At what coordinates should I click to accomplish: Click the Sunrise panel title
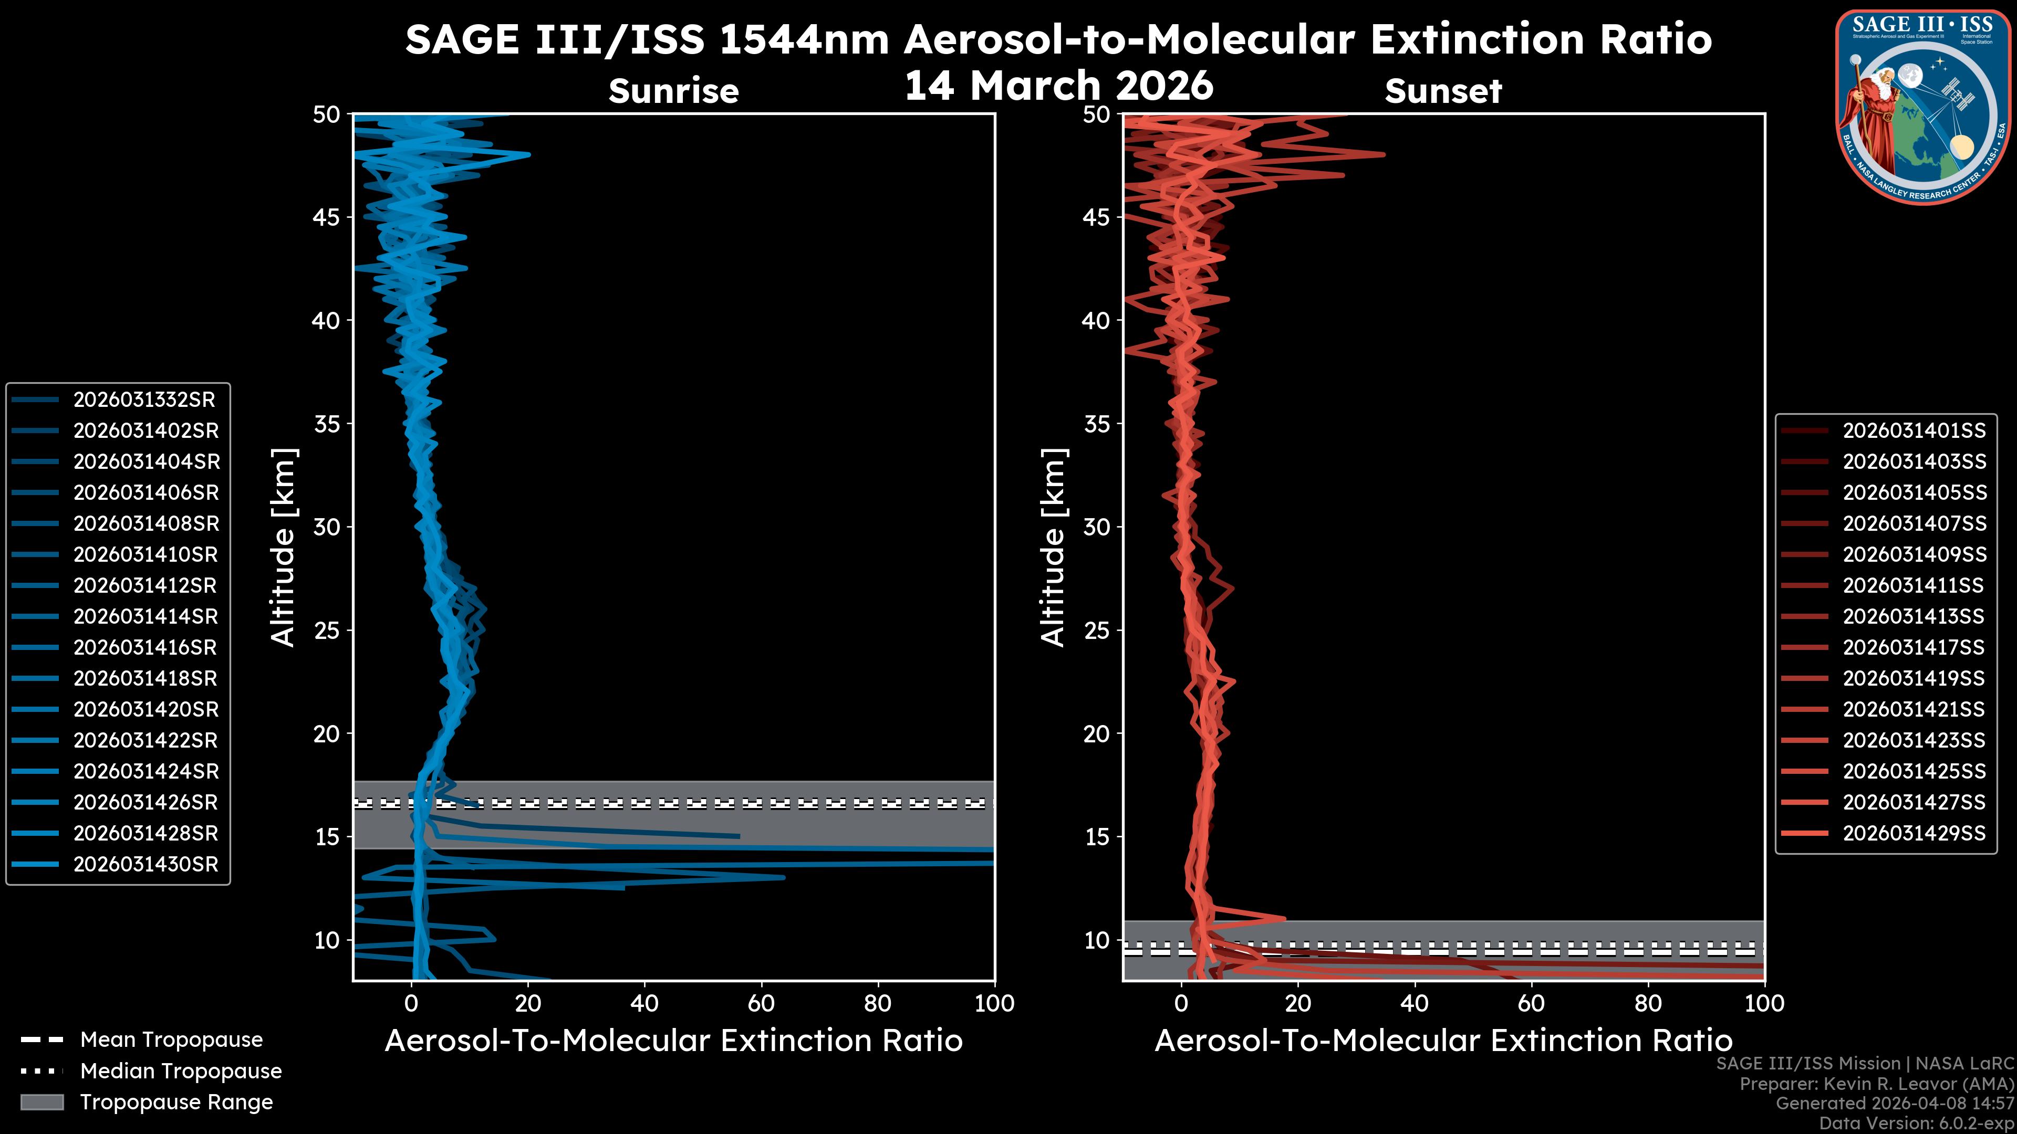(x=673, y=91)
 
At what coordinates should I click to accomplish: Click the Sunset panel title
(x=1443, y=91)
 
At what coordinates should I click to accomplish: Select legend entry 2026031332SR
(x=144, y=400)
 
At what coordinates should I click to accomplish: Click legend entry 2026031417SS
(x=1914, y=647)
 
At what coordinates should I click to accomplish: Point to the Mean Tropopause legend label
(x=171, y=1040)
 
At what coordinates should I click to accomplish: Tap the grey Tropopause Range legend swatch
(x=42, y=1102)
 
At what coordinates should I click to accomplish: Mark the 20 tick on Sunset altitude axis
(x=1097, y=734)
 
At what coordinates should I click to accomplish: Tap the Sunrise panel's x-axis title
(x=673, y=1041)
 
